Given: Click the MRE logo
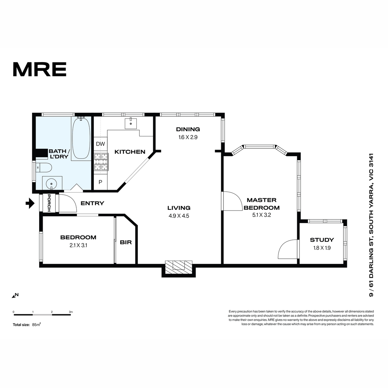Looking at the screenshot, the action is tap(40, 69).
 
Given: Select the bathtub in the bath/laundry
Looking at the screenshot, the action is tap(81, 138).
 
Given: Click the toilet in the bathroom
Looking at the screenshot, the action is tap(44, 167).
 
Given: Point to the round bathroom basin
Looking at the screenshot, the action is tap(51, 184).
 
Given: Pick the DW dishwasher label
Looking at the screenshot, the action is tap(100, 144).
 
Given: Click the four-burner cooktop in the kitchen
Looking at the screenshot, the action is tap(101, 162).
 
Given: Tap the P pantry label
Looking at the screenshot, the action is tap(100, 182).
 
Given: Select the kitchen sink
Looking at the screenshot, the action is tap(131, 123).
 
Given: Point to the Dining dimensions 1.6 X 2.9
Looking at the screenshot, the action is tap(188, 137).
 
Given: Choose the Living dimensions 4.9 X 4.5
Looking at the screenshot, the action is tap(179, 216).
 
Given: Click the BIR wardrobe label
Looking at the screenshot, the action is tap(126, 242).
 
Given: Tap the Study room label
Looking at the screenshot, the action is tap(322, 240).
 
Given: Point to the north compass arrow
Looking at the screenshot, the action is tap(14, 296).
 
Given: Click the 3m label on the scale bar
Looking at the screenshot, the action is tap(71, 312).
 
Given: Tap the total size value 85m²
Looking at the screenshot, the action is tap(37, 325).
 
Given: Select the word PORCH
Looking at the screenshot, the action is tap(49, 203).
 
